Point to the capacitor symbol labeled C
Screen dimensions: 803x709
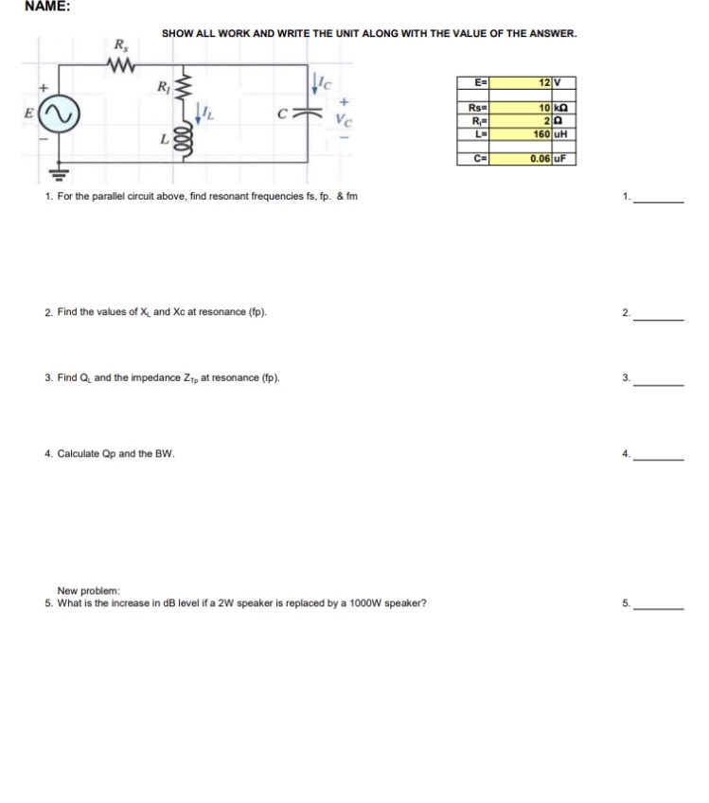pyautogui.click(x=303, y=113)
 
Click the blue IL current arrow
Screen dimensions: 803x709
pyautogui.click(x=199, y=114)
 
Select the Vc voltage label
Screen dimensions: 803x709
pyautogui.click(x=343, y=120)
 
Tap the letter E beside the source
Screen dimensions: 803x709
pyautogui.click(x=29, y=113)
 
